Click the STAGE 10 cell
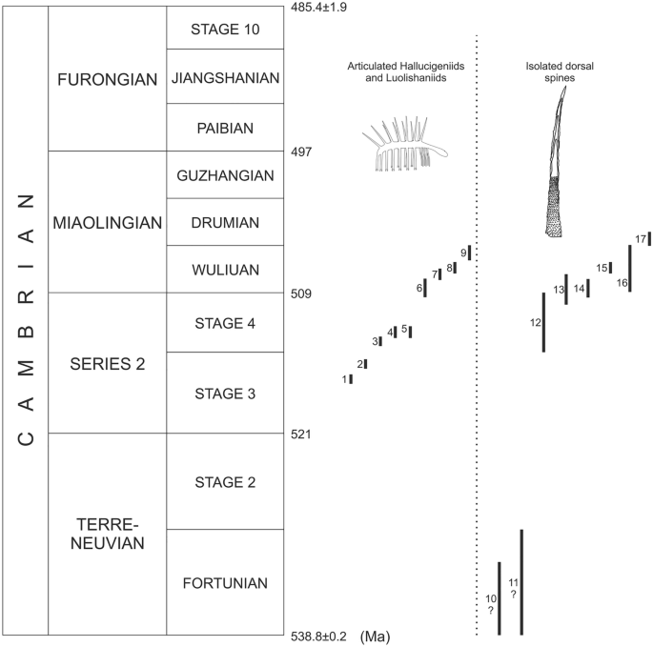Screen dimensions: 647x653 click(x=225, y=29)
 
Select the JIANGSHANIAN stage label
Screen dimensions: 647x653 click(x=225, y=77)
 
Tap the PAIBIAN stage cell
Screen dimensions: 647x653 click(x=225, y=127)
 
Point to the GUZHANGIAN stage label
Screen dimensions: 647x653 click(x=225, y=174)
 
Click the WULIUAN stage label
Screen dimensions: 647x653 click(x=225, y=270)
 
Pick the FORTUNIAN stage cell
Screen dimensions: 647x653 click(x=225, y=583)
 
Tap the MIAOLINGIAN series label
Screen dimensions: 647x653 click(x=107, y=222)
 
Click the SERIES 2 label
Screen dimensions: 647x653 click(x=107, y=363)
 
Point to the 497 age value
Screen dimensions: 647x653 click(x=301, y=152)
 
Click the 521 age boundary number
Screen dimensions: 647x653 click(x=301, y=435)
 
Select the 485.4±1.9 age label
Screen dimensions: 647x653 click(x=321, y=8)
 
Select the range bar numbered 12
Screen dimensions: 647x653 click(x=544, y=322)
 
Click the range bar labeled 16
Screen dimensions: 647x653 click(x=630, y=269)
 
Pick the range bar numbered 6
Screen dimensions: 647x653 click(x=425, y=288)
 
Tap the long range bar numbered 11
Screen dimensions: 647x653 click(x=521, y=582)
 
